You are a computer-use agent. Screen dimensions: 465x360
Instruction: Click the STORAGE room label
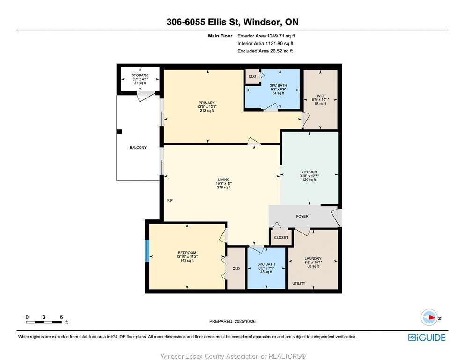(140, 75)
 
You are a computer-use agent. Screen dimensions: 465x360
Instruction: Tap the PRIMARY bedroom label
(207, 103)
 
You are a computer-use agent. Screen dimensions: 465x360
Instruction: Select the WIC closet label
(320, 96)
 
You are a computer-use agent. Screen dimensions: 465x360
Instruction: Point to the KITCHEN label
(309, 172)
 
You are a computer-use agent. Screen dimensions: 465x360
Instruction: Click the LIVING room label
(224, 180)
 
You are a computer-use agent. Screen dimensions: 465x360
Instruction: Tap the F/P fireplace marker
(170, 200)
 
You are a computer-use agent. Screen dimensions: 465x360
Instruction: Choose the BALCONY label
(138, 148)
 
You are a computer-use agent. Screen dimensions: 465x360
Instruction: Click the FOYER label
(302, 217)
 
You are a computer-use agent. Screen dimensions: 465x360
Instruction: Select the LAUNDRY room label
(313, 258)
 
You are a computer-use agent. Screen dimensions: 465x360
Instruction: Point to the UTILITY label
(299, 284)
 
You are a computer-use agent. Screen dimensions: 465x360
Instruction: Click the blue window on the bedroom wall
(147, 251)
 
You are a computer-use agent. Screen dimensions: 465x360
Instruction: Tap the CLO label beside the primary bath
(252, 76)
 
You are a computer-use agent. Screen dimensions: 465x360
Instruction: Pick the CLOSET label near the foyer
(281, 238)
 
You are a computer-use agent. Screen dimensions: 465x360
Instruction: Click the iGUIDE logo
(427, 337)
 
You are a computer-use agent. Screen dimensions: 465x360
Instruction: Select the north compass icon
(429, 317)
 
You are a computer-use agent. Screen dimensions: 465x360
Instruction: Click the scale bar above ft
(44, 322)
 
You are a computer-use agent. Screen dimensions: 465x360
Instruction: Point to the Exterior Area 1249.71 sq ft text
(266, 36)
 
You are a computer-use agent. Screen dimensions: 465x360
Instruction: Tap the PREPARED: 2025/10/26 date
(232, 321)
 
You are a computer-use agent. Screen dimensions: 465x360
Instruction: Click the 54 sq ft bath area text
(278, 93)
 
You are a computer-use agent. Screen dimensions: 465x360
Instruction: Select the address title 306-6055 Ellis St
(203, 22)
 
